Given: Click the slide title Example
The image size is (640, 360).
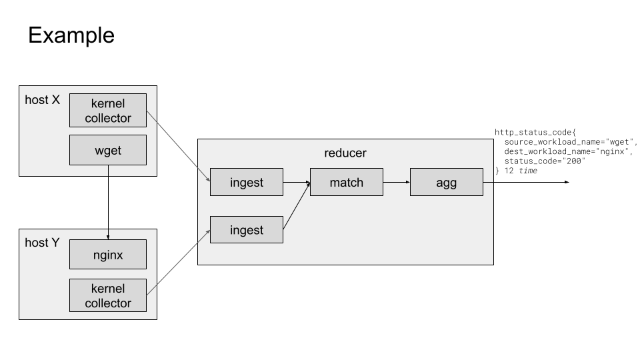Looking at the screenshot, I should [x=71, y=35].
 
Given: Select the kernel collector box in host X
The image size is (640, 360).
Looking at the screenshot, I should [x=108, y=111].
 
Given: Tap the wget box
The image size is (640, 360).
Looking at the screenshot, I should [x=108, y=150].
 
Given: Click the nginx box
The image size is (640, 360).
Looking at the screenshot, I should [x=108, y=255].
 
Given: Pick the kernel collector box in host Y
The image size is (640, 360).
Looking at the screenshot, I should [x=108, y=295].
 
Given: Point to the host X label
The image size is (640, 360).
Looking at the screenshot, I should [x=42, y=100].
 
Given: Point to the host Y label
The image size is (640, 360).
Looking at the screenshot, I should [x=42, y=243].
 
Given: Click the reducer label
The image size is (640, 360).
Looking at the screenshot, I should [x=345, y=153].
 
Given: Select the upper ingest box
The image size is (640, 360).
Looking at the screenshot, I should [x=247, y=182].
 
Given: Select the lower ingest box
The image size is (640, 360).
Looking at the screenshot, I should [x=247, y=230].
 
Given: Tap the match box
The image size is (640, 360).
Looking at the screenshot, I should [x=347, y=182].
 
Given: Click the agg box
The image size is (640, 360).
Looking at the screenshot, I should [x=446, y=182].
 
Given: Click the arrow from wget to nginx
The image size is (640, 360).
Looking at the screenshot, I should [x=108, y=203].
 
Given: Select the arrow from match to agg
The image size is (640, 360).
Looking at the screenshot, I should [x=397, y=182].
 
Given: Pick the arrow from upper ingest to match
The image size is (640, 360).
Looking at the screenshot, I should [x=297, y=182].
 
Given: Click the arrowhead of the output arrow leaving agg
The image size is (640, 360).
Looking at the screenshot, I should [x=566, y=182].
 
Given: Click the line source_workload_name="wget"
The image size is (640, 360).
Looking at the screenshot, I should [x=571, y=142].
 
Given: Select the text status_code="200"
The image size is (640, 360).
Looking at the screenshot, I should [x=545, y=161].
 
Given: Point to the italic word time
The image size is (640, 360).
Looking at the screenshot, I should [x=528, y=171].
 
